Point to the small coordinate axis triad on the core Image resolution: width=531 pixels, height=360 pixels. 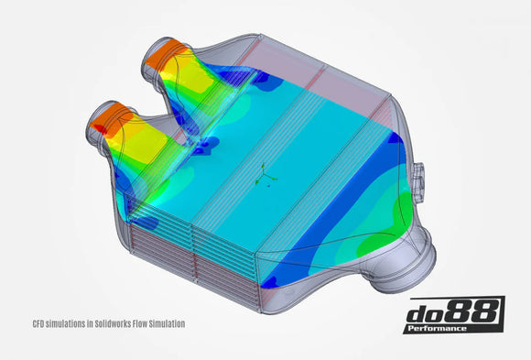(265, 173)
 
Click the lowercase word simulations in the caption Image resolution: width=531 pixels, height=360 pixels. (67, 323)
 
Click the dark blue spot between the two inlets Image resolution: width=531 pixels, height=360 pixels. (203, 143)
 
